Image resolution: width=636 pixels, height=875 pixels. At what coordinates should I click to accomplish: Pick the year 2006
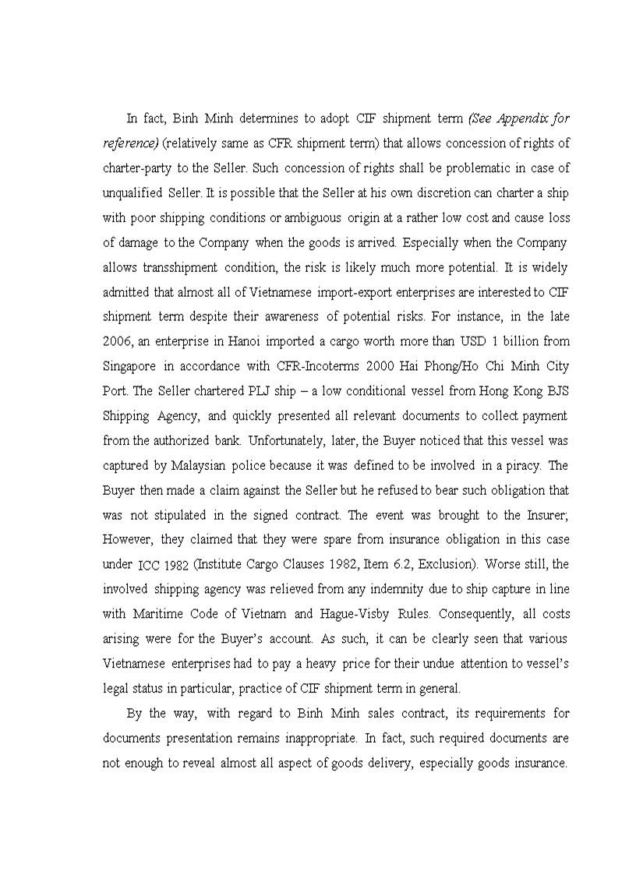pos(117,341)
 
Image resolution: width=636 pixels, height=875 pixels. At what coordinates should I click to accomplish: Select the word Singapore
pos(129,366)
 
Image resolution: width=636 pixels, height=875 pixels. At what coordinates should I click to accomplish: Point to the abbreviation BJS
pos(553,391)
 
